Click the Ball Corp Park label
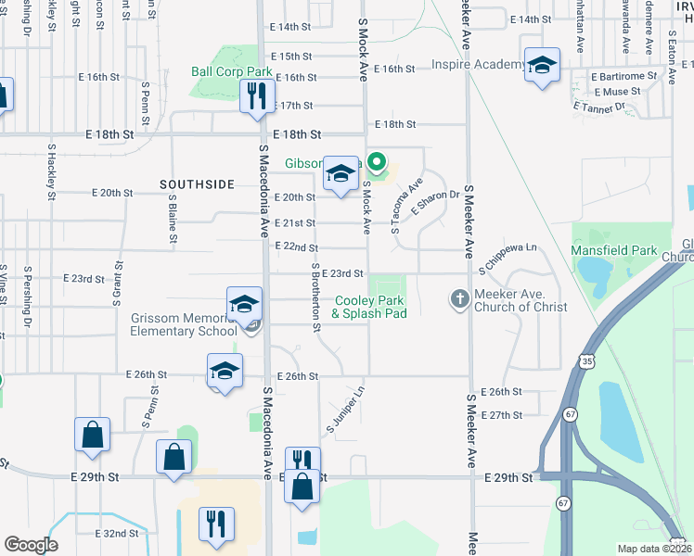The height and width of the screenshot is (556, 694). click(x=231, y=71)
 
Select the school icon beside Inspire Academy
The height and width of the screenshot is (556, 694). click(x=542, y=66)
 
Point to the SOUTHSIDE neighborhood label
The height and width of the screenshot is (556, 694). click(x=197, y=184)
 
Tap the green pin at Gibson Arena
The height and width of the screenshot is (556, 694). click(x=376, y=164)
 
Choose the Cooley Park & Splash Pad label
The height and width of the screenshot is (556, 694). click(x=369, y=307)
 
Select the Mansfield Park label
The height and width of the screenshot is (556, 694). click(x=615, y=250)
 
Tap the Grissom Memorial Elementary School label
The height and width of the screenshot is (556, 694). click(x=183, y=325)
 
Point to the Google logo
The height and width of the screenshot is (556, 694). click(x=31, y=544)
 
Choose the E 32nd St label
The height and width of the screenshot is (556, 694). click(x=117, y=534)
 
